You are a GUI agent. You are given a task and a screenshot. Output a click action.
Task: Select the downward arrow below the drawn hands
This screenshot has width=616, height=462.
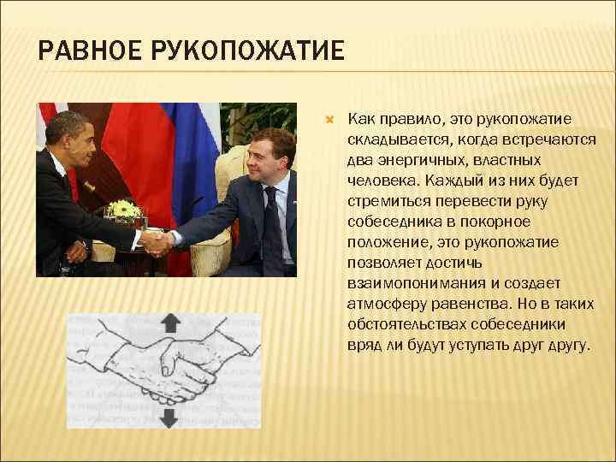(x=169, y=417)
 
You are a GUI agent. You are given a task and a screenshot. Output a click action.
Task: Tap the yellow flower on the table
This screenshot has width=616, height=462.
(x=127, y=208)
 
